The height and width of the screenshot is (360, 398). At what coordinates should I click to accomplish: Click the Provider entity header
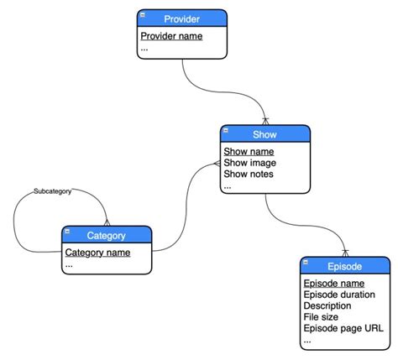182,18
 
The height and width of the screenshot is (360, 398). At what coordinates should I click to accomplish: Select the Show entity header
265,134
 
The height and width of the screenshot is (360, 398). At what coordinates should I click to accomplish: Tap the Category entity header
107,235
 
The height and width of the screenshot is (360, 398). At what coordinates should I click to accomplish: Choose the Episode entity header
344,267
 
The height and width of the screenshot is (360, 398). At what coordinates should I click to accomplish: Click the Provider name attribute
171,36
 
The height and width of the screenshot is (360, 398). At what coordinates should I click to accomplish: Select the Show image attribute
250,163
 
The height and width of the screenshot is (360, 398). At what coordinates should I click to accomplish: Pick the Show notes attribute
249,175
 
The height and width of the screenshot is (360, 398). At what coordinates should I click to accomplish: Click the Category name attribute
97,252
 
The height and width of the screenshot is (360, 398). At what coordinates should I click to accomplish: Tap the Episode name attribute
333,284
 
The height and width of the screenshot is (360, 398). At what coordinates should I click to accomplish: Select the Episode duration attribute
339,295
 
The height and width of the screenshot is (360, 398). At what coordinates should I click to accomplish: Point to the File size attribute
320,317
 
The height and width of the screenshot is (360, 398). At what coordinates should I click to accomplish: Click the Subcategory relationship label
52,191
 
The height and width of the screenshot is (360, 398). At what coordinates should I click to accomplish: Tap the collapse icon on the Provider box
144,16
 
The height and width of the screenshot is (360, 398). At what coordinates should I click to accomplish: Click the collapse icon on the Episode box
306,264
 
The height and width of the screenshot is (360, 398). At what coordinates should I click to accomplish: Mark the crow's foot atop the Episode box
344,253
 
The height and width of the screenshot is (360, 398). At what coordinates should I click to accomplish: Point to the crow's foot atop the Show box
265,121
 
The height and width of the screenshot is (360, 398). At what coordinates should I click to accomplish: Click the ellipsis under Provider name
144,49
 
